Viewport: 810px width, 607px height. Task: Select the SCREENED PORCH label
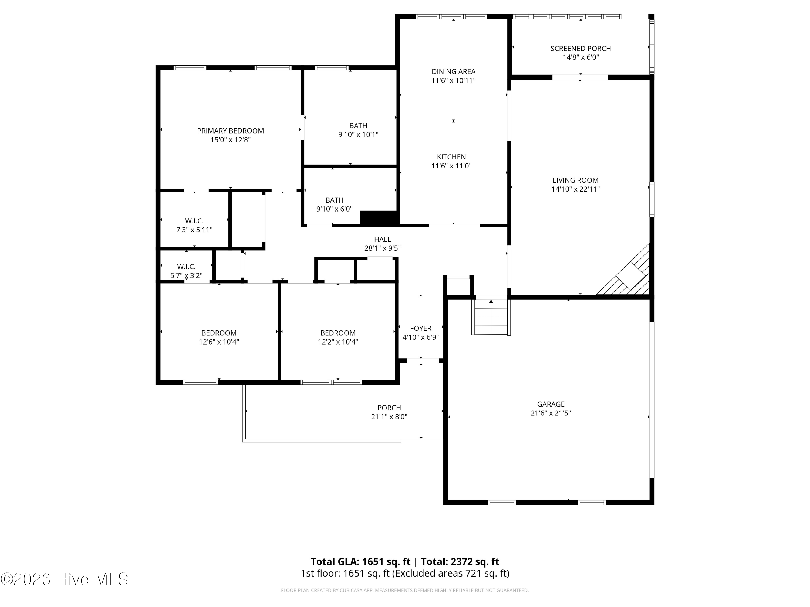coord(581,49)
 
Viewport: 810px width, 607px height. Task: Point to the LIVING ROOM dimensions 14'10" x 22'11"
coord(576,189)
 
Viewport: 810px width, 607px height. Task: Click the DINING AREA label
coord(453,72)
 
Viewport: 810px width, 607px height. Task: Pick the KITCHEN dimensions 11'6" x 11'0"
coord(451,166)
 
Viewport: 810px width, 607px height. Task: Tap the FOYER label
coord(421,329)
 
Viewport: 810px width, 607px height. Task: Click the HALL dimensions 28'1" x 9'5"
coord(382,248)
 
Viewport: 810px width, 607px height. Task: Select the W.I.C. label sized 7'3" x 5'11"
coord(194,221)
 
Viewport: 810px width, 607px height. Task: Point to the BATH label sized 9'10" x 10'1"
coord(358,125)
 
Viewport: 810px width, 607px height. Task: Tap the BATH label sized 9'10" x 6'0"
coord(334,200)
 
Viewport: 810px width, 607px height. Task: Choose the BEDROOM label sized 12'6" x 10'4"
coord(219,333)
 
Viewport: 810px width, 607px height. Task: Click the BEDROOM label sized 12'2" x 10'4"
coord(337,333)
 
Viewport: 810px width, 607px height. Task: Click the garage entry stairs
coord(491,317)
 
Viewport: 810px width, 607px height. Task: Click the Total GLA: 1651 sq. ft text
coord(360,561)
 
